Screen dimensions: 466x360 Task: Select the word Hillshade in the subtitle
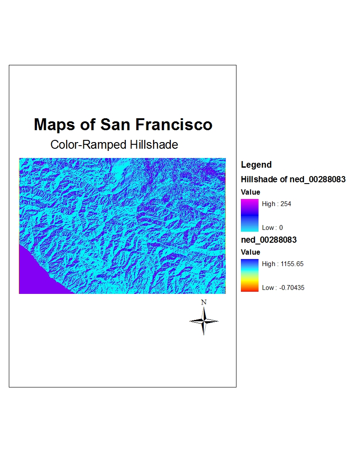(x=154, y=145)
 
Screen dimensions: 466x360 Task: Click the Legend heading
(x=256, y=165)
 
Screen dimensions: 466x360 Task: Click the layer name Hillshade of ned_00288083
(x=293, y=180)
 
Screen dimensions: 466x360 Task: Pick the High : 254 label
(x=276, y=204)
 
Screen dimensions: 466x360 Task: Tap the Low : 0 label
(x=272, y=228)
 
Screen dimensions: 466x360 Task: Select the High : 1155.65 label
(x=282, y=264)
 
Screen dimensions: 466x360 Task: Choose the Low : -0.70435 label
(x=283, y=288)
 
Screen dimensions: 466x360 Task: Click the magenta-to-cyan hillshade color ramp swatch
(x=249, y=215)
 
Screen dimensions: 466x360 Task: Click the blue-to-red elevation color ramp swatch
(x=249, y=275)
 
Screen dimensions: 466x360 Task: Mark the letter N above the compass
(x=204, y=303)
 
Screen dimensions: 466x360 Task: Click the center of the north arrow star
(x=204, y=321)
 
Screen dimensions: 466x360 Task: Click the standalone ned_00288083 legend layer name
(x=269, y=240)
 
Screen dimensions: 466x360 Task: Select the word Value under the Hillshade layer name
(x=251, y=192)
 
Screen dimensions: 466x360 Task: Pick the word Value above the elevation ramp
(x=251, y=252)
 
